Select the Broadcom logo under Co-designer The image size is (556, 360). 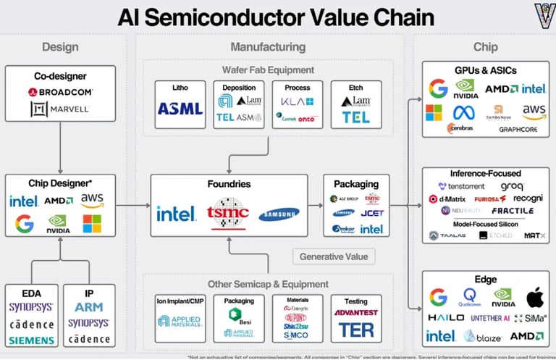pyautogui.click(x=59, y=93)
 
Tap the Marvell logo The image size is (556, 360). pyautogui.click(x=59, y=109)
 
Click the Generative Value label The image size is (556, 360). pyautogui.click(x=333, y=256)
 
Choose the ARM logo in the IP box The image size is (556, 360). pyautogui.click(x=88, y=307)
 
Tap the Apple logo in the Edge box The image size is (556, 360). pyautogui.click(x=534, y=298)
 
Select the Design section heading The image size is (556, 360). pyautogui.click(x=60, y=47)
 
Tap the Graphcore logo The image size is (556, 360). pyautogui.click(x=518, y=130)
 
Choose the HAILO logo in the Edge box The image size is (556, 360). pyautogui.click(x=446, y=318)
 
